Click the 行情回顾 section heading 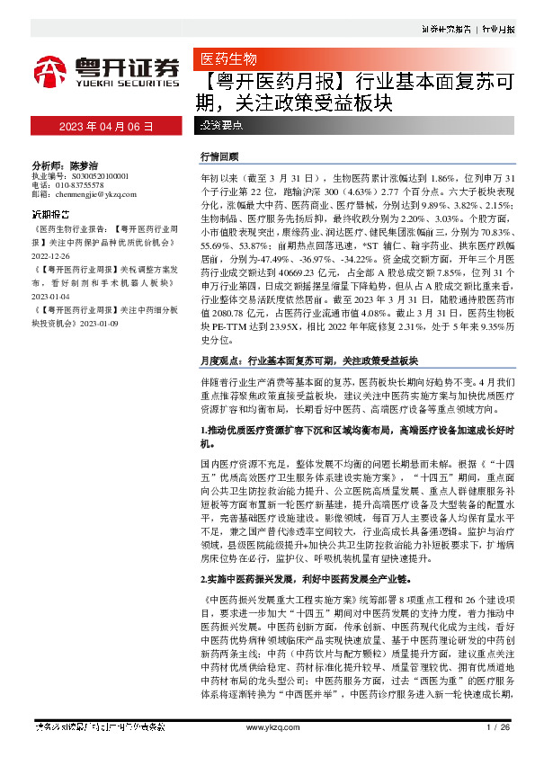coord(220,156)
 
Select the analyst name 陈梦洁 coord(81,166)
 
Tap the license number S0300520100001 coord(93,176)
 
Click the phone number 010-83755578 coord(85,185)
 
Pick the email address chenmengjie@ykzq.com coord(97,194)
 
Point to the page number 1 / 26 coord(498,726)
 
